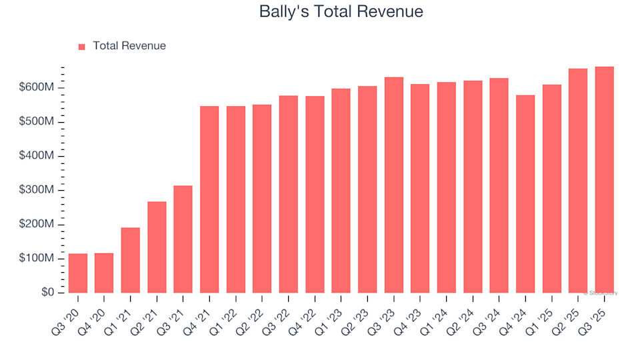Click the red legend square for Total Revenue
82,47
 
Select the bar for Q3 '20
78,273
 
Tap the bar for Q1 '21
131,260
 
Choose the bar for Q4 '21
209,199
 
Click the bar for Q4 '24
525,194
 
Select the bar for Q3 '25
605,179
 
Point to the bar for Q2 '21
157,247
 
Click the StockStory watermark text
601,293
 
